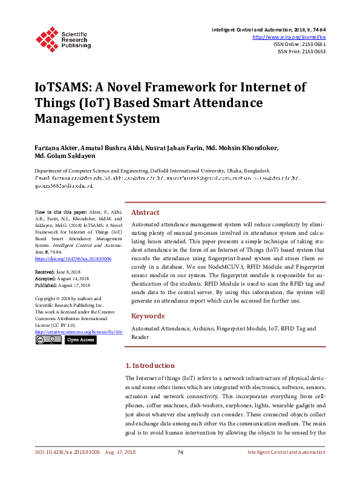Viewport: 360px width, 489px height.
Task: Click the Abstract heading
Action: point(145,212)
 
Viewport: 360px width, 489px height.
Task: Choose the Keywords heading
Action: point(148,316)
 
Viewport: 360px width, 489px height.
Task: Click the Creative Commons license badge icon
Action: point(48,340)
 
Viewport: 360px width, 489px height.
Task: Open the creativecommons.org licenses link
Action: point(79,332)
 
